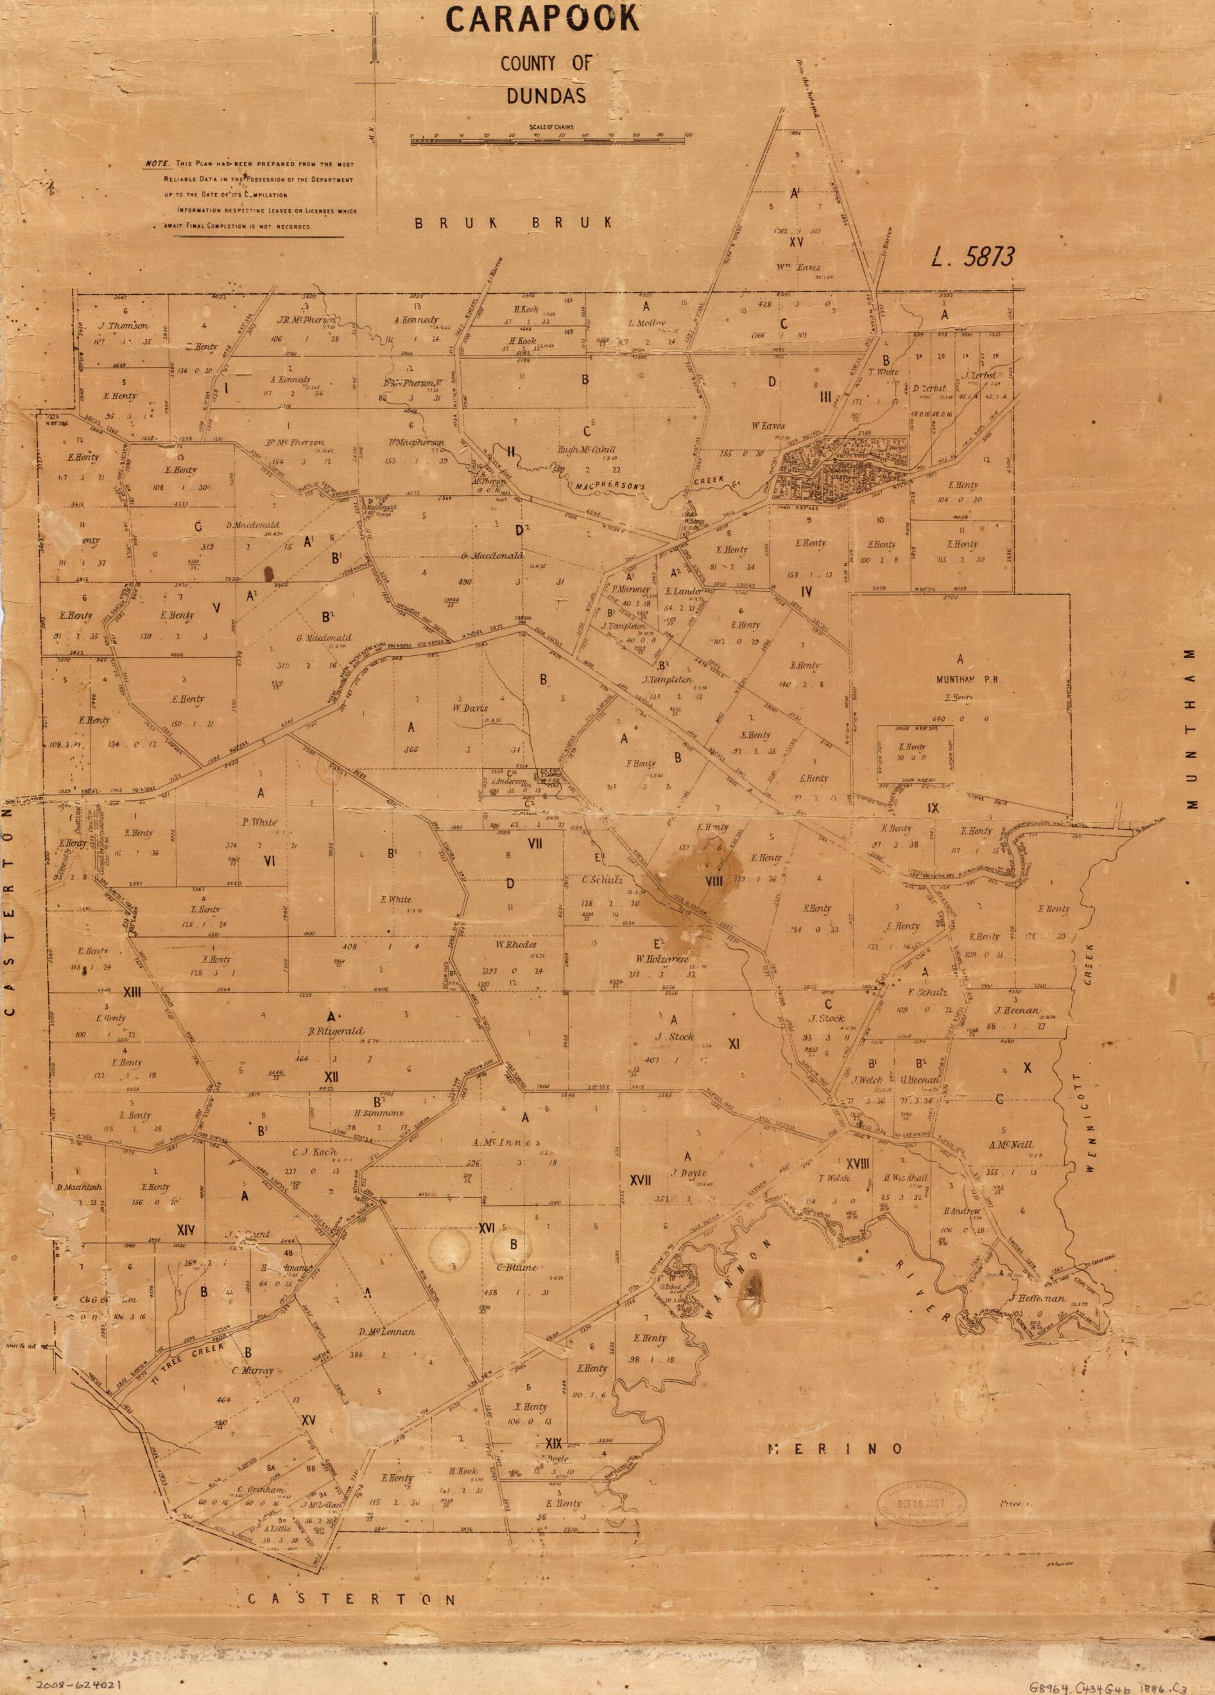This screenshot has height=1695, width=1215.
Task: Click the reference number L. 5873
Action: point(972,258)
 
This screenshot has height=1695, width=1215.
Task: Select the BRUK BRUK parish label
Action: point(515,223)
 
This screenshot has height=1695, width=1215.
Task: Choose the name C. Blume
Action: point(513,1267)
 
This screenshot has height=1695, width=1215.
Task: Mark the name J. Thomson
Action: point(123,326)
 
